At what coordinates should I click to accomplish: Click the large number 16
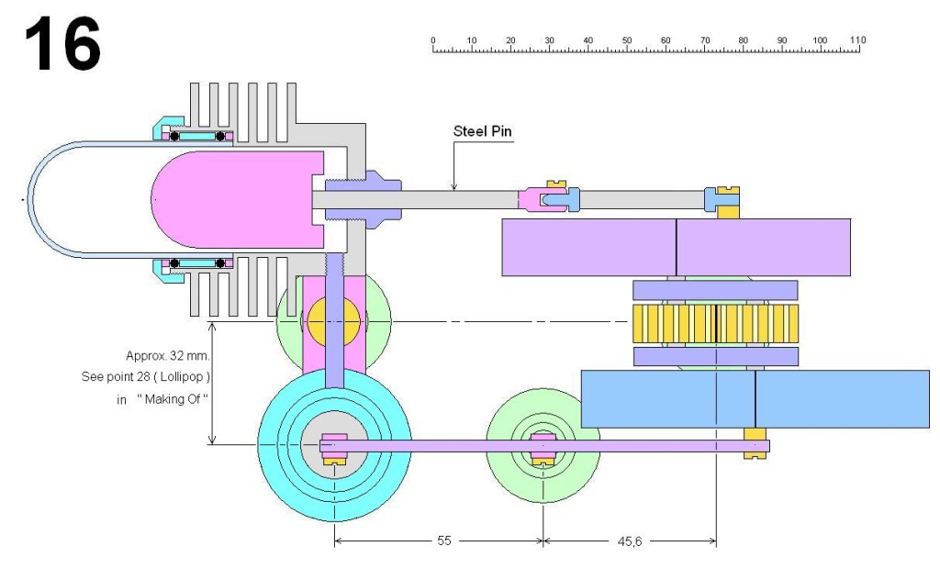62,46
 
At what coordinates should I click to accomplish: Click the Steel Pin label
483,131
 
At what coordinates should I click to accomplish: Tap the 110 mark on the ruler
857,40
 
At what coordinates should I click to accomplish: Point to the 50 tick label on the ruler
626,40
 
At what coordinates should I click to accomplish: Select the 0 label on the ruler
432,40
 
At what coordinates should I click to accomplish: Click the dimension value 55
442,541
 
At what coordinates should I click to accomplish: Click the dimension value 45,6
629,541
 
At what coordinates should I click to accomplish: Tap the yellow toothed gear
715,324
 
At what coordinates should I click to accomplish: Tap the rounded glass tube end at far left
37,198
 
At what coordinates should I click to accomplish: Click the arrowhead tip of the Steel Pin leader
453,190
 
